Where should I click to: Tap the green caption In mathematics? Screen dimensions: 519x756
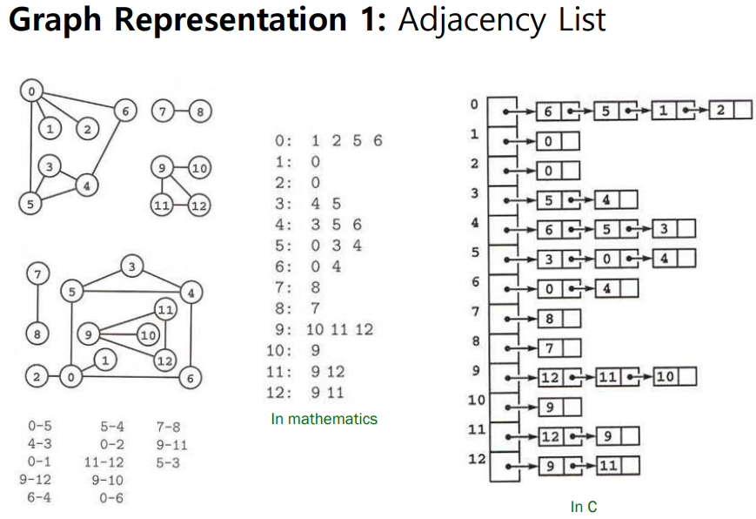pyautogui.click(x=324, y=419)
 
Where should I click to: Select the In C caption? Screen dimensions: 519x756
pyautogui.click(x=584, y=506)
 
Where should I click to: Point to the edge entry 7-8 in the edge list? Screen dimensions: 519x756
pyautogui.click(x=168, y=428)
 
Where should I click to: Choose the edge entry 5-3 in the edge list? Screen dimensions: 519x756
pyautogui.click(x=168, y=462)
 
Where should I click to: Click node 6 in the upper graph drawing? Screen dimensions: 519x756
pyautogui.click(x=125, y=111)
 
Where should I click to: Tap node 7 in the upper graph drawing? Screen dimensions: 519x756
pyautogui.click(x=161, y=111)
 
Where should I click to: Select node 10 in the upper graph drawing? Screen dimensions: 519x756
pyautogui.click(x=198, y=168)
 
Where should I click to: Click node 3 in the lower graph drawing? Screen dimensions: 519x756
pyautogui.click(x=132, y=266)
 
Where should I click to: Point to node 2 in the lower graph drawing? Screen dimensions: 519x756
pyautogui.click(x=36, y=378)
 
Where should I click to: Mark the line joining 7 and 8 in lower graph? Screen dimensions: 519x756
pyautogui.click(x=36, y=304)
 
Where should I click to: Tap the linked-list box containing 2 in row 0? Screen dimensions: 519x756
pyautogui.click(x=721, y=111)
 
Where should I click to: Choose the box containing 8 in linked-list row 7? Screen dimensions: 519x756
pyautogui.click(x=550, y=319)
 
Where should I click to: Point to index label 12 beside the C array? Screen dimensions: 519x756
pyautogui.click(x=475, y=458)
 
